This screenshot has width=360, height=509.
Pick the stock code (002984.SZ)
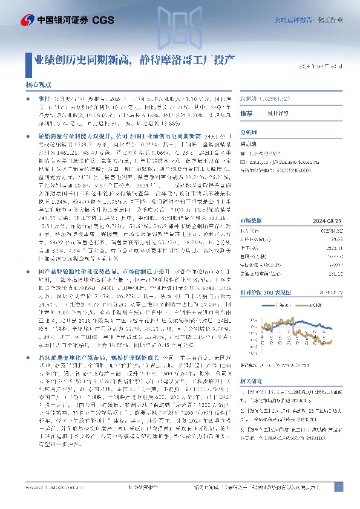274,97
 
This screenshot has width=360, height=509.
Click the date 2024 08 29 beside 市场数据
329,204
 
